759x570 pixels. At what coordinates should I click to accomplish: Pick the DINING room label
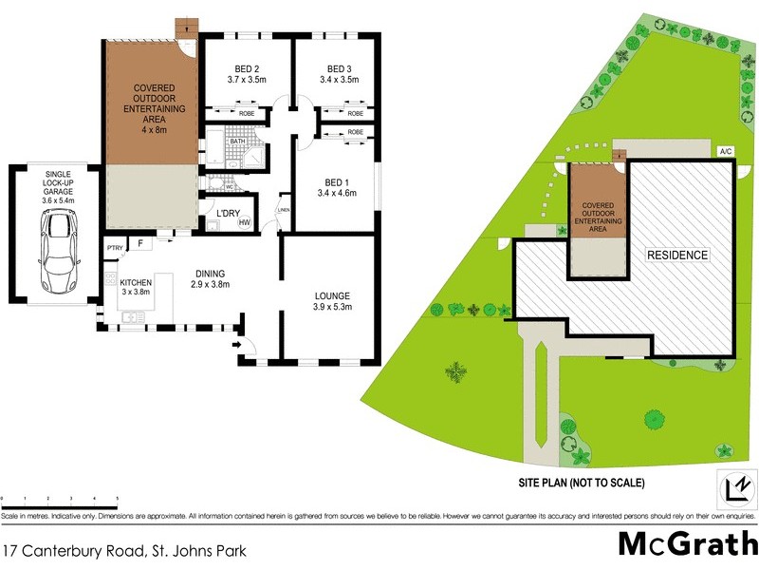210,271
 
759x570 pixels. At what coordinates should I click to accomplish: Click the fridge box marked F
140,244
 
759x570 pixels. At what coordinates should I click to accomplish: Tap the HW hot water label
244,223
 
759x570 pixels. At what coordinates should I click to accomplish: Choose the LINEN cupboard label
283,210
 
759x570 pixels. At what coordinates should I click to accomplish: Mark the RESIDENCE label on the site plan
676,255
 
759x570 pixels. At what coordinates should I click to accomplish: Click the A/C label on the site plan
726,151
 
